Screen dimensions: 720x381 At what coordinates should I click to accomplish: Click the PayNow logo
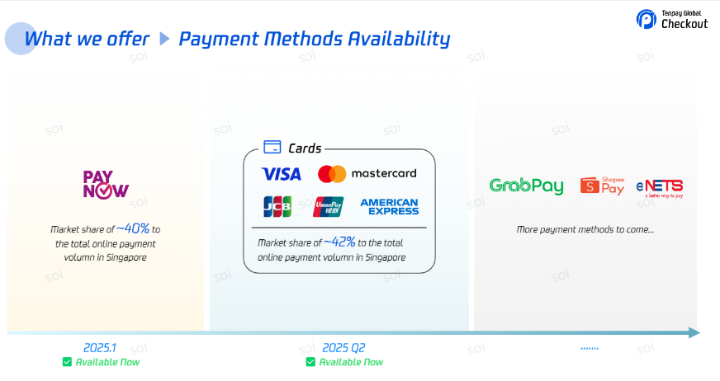[x=106, y=184]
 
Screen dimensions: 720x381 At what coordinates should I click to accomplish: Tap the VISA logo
[x=281, y=174]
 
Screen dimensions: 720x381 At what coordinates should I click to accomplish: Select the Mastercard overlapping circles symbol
[x=332, y=174]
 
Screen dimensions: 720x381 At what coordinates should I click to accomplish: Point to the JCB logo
[x=277, y=206]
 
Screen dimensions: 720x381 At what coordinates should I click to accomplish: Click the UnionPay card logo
[x=329, y=206]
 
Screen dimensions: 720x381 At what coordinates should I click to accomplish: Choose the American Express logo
[x=390, y=207]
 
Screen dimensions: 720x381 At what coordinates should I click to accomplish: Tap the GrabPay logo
[x=526, y=186]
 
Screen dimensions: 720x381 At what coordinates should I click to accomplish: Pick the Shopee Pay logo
[x=603, y=186]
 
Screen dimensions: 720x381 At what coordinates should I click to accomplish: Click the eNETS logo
[x=660, y=188]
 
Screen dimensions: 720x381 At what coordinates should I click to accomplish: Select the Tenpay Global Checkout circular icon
[x=646, y=19]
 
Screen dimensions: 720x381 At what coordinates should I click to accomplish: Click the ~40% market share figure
[x=133, y=228]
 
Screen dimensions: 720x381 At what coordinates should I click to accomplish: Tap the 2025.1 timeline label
[x=100, y=348]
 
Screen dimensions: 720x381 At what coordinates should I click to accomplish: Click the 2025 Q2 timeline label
[x=343, y=348]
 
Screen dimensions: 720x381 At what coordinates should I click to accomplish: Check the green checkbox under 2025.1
[x=67, y=362]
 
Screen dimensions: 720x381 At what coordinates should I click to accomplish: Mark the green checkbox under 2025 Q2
[x=310, y=362]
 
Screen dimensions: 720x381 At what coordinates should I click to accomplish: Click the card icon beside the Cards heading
[x=272, y=147]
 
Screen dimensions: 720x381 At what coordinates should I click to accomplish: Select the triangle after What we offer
[x=164, y=39]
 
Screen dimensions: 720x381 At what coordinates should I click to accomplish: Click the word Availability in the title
[x=399, y=40]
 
